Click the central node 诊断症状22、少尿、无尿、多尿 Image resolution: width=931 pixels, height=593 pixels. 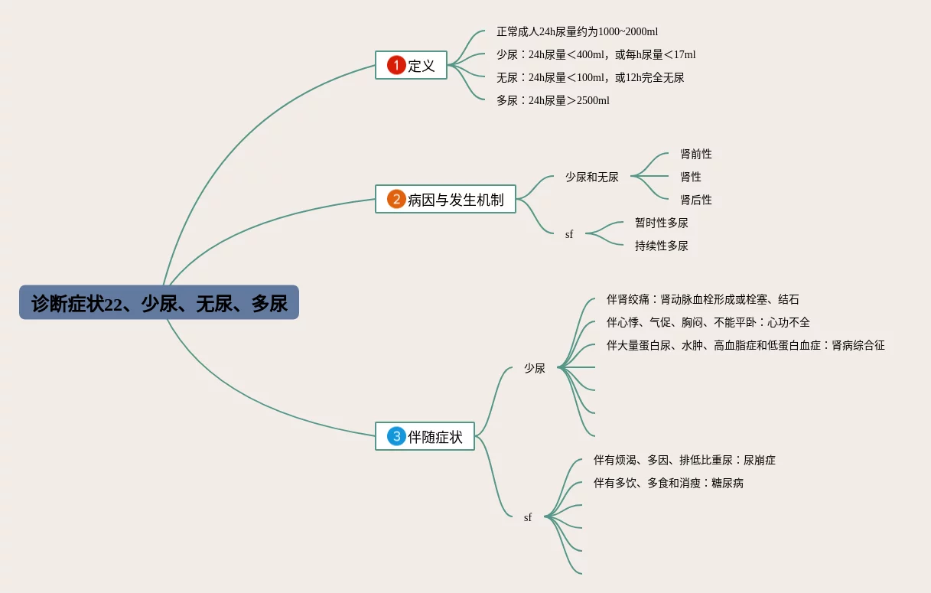[159, 303]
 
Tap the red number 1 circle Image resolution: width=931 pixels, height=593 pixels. [396, 65]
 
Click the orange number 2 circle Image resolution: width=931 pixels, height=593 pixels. [396, 200]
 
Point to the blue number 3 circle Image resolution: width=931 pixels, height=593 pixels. [396, 436]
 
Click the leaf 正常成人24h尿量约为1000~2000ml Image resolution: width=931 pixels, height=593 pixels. [577, 31]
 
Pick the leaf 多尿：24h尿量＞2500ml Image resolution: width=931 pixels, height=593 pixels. [552, 100]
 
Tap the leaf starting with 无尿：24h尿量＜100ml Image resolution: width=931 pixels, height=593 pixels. [590, 77]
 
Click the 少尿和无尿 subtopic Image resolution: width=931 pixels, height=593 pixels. [592, 177]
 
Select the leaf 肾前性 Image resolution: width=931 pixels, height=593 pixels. [696, 154]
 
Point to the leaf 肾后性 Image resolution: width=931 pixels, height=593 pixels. [696, 200]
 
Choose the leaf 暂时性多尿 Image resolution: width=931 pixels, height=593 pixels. [662, 223]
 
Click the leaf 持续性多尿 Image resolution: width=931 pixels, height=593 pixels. [662, 246]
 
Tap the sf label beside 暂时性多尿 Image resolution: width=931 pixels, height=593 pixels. [569, 234]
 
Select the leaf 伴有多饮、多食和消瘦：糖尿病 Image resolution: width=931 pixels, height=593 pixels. [669, 483]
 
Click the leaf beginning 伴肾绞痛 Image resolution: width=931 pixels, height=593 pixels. [702, 299]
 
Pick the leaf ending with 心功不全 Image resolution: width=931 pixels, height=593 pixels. [708, 322]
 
